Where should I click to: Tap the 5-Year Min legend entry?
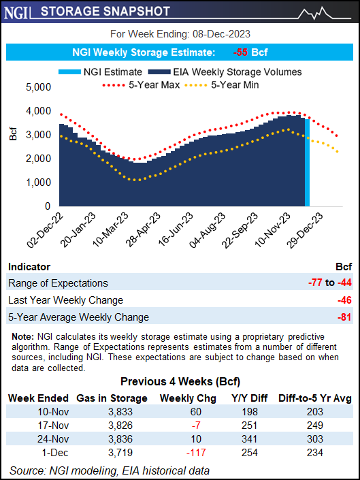point(231,85)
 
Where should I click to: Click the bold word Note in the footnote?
point(21,336)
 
